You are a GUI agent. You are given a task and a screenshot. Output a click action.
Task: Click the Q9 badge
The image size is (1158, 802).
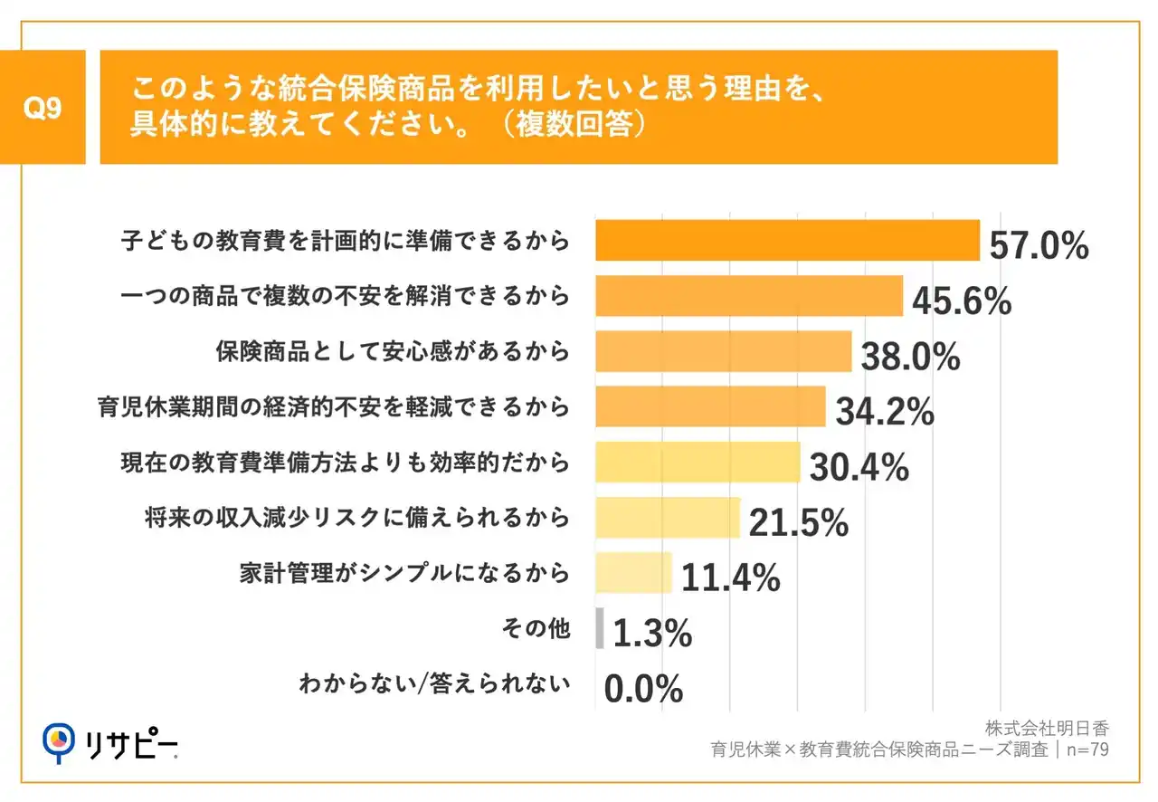pyautogui.click(x=43, y=108)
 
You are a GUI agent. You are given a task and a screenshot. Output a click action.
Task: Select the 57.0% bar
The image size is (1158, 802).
pyautogui.click(x=787, y=241)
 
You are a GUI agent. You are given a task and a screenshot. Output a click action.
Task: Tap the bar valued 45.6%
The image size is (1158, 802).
pyautogui.click(x=749, y=296)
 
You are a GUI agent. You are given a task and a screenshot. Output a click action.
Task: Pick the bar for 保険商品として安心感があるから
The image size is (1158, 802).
pyautogui.click(x=723, y=351)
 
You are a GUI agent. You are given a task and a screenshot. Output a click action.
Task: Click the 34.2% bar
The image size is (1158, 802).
pyautogui.click(x=710, y=406)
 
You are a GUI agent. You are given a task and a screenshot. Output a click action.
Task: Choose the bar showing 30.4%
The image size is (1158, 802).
pyautogui.click(x=698, y=462)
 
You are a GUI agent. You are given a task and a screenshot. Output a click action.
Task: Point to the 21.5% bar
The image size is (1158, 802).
pyautogui.click(x=668, y=518)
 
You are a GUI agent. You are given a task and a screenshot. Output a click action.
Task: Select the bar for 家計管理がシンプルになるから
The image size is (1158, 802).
pyautogui.click(x=633, y=573)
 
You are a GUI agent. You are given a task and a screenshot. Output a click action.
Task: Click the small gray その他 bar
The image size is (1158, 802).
pyautogui.click(x=600, y=628)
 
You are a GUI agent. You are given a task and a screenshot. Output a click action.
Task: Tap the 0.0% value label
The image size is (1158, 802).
pyautogui.click(x=643, y=691)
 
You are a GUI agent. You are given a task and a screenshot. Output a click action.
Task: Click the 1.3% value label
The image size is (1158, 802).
pyautogui.click(x=652, y=635)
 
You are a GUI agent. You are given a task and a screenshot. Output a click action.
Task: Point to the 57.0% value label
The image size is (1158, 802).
pyautogui.click(x=1039, y=246)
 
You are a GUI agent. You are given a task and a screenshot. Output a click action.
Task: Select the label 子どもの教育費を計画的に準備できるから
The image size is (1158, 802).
pyautogui.click(x=346, y=241)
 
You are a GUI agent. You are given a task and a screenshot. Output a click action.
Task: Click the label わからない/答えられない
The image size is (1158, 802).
pyautogui.click(x=434, y=683)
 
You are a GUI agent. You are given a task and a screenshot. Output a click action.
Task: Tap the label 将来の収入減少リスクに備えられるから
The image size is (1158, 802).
pyautogui.click(x=357, y=518)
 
